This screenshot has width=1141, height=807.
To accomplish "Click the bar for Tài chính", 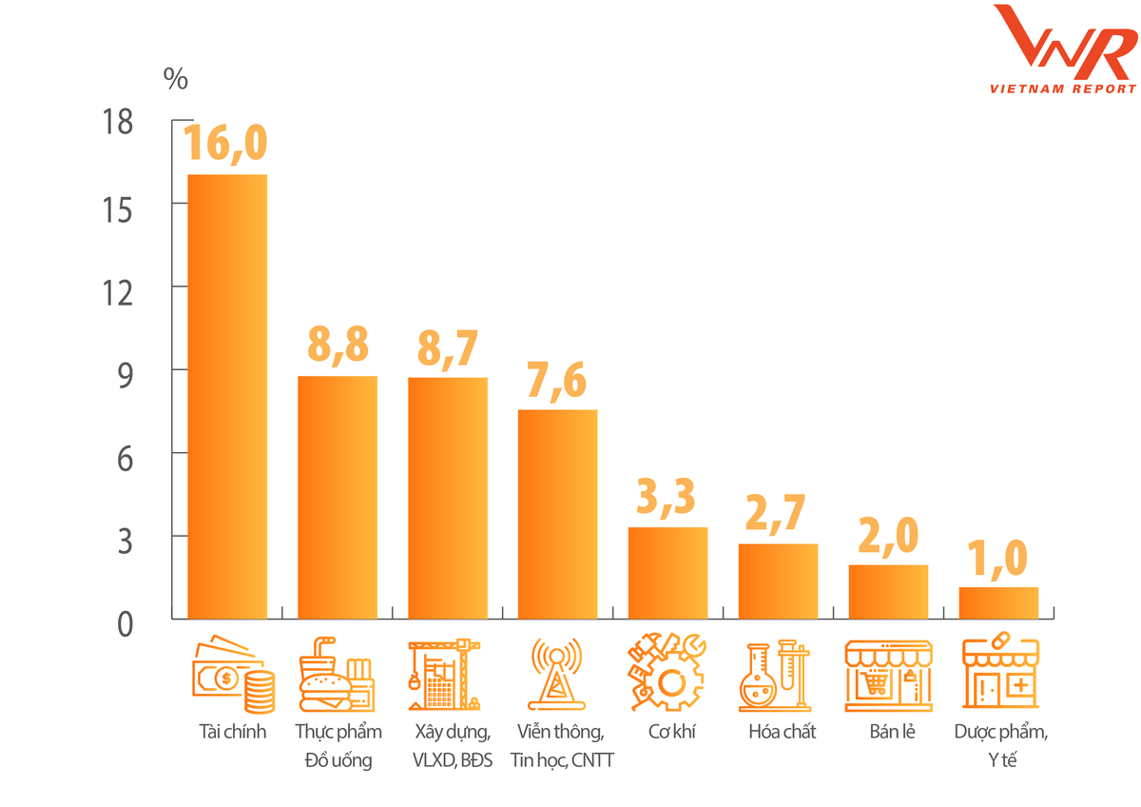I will [226, 396].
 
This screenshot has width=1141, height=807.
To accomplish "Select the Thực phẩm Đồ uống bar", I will [338, 497].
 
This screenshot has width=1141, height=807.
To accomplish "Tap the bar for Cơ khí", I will [667, 572].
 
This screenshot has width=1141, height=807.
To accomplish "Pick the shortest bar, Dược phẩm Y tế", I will [998, 602].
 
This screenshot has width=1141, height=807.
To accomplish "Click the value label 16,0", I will [225, 142].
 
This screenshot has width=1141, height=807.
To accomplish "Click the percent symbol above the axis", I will [176, 78].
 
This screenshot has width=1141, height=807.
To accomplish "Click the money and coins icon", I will [234, 675].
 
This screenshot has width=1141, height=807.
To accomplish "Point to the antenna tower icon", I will [558, 675].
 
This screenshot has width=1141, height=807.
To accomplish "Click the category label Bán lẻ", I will [892, 732].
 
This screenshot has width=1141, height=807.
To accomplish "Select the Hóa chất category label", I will [783, 732].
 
